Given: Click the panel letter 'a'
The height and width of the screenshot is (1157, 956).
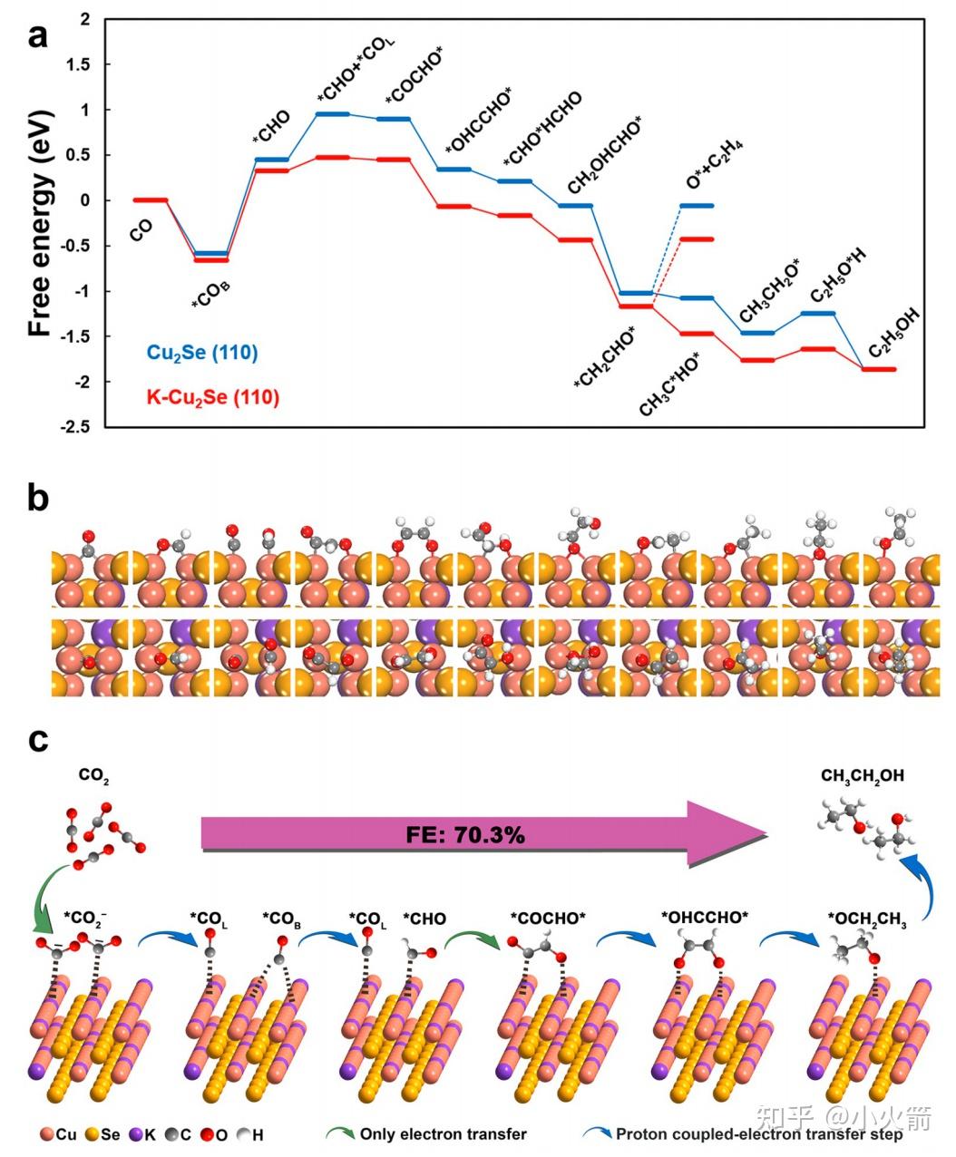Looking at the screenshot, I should (37, 37).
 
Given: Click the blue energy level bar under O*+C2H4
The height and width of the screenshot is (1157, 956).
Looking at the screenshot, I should (697, 206).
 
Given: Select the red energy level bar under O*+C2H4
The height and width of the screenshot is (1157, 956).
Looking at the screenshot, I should (697, 239).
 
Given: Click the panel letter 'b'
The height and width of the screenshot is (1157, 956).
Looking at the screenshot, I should (37, 499).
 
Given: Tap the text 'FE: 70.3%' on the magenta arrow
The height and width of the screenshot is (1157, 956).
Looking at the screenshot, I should (465, 834).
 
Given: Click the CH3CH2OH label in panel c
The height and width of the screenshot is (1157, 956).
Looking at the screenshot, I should (862, 776).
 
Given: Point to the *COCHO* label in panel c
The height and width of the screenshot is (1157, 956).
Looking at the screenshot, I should (548, 919).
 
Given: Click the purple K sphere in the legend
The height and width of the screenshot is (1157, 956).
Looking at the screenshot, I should (138, 1134).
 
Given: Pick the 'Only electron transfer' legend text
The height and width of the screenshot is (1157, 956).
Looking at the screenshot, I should (443, 1134).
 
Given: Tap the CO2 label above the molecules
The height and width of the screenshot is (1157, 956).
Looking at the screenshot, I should (93, 776).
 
